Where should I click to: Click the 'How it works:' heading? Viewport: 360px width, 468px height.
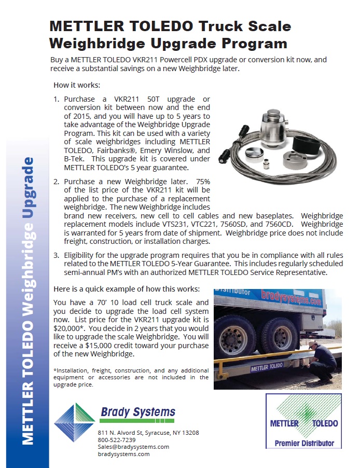point(77,85)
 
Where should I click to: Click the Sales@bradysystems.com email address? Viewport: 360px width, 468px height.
point(133,447)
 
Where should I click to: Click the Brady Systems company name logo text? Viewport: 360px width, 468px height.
point(137,413)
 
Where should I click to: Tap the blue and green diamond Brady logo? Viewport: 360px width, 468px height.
point(75,420)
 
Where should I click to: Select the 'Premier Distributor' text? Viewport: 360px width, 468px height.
point(304,444)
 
